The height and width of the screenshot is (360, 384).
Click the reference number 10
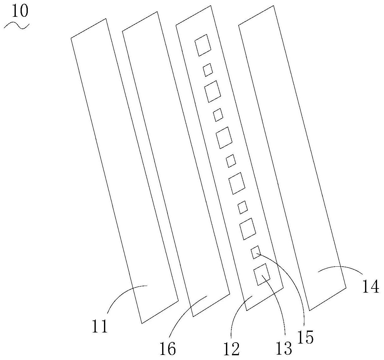pos(20,11)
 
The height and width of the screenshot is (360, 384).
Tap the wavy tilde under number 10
pos(16,26)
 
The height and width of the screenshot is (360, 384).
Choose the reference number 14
pos(371,287)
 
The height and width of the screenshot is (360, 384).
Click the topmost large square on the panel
pos(203,45)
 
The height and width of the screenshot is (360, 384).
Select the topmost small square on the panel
pos(208,70)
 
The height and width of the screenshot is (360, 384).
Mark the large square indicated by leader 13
pos(262,274)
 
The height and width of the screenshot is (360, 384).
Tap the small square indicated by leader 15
pos(256,252)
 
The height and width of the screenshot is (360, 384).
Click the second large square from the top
pos(212,91)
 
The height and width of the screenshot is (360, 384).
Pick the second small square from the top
pos(218,115)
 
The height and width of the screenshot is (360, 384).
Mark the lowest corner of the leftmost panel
pos(142,323)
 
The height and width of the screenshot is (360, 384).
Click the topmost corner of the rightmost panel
pos(273,6)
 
